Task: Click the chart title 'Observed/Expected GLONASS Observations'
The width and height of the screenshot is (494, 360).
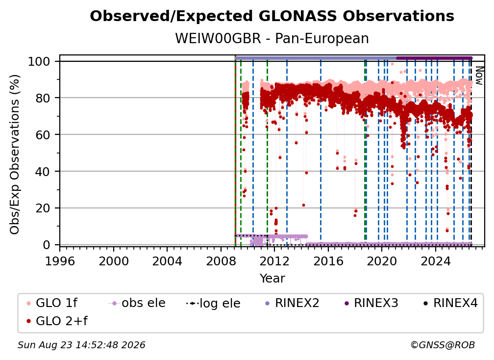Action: [272, 16]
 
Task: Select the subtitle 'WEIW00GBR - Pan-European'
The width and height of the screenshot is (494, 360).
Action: [272, 39]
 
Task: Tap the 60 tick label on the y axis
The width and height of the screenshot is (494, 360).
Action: [43, 135]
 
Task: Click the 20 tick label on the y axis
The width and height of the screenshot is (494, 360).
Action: [43, 208]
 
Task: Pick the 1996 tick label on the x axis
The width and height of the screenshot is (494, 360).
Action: [60, 261]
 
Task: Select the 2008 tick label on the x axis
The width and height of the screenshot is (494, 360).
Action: [221, 261]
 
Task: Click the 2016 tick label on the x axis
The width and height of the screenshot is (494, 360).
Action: [328, 261]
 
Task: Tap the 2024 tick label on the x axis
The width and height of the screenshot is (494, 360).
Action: [436, 261]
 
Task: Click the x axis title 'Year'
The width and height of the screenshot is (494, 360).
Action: [272, 279]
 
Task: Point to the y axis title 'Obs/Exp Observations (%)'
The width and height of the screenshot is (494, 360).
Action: [15, 154]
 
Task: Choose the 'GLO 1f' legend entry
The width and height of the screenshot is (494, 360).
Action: [52, 303]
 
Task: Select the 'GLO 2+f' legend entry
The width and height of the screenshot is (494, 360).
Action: [57, 321]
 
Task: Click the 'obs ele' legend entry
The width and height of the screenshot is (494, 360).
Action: [137, 303]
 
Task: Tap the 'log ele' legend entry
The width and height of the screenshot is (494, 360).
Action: [213, 304]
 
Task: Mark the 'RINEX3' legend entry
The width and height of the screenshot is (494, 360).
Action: [371, 303]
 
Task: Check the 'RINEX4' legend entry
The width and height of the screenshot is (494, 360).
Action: [450, 303]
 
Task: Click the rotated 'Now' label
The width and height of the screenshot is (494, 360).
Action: [479, 76]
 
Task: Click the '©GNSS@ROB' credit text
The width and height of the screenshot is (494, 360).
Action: [443, 345]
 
